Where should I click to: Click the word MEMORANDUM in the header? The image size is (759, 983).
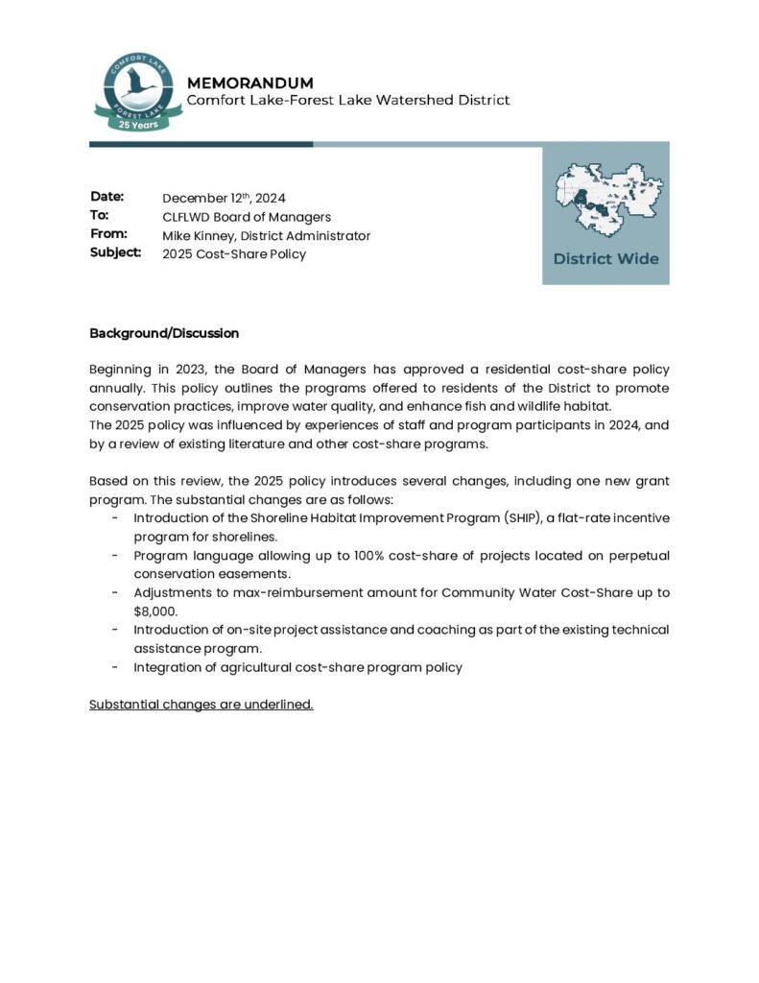coord(249,83)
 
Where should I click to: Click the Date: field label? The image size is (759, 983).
coord(107,197)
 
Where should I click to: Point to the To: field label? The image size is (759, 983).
coord(100,215)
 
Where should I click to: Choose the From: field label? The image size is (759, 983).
coord(108,233)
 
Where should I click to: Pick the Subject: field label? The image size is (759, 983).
coord(115,252)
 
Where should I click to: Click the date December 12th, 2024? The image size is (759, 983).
coord(224,198)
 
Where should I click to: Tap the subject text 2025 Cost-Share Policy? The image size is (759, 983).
coord(234,253)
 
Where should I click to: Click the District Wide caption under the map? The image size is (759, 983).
coord(605,259)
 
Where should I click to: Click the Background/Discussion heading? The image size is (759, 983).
coord(164,333)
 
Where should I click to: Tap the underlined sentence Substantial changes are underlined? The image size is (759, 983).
coord(202,705)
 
